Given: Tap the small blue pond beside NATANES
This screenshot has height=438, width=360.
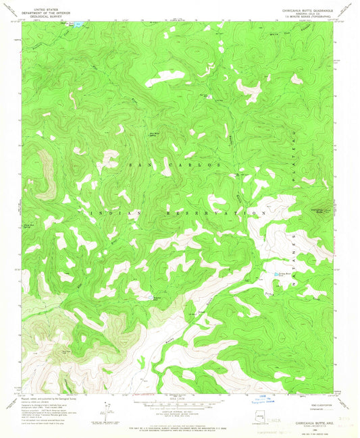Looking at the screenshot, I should (x=278, y=274).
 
